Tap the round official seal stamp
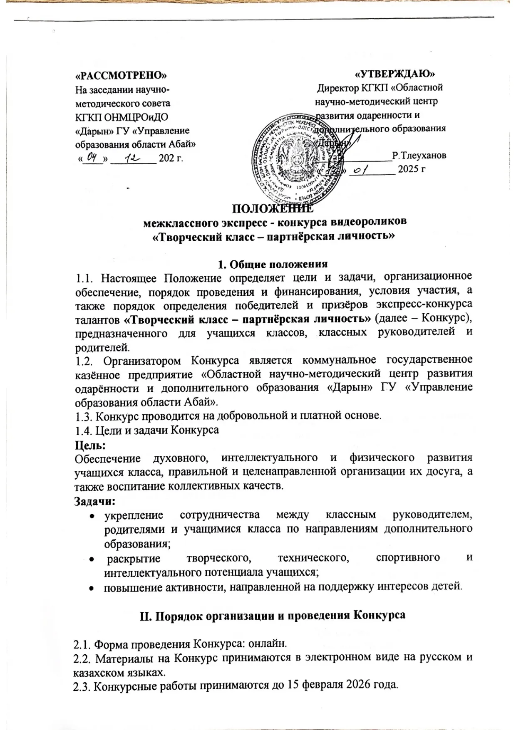(301, 161)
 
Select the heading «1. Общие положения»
(273, 264)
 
